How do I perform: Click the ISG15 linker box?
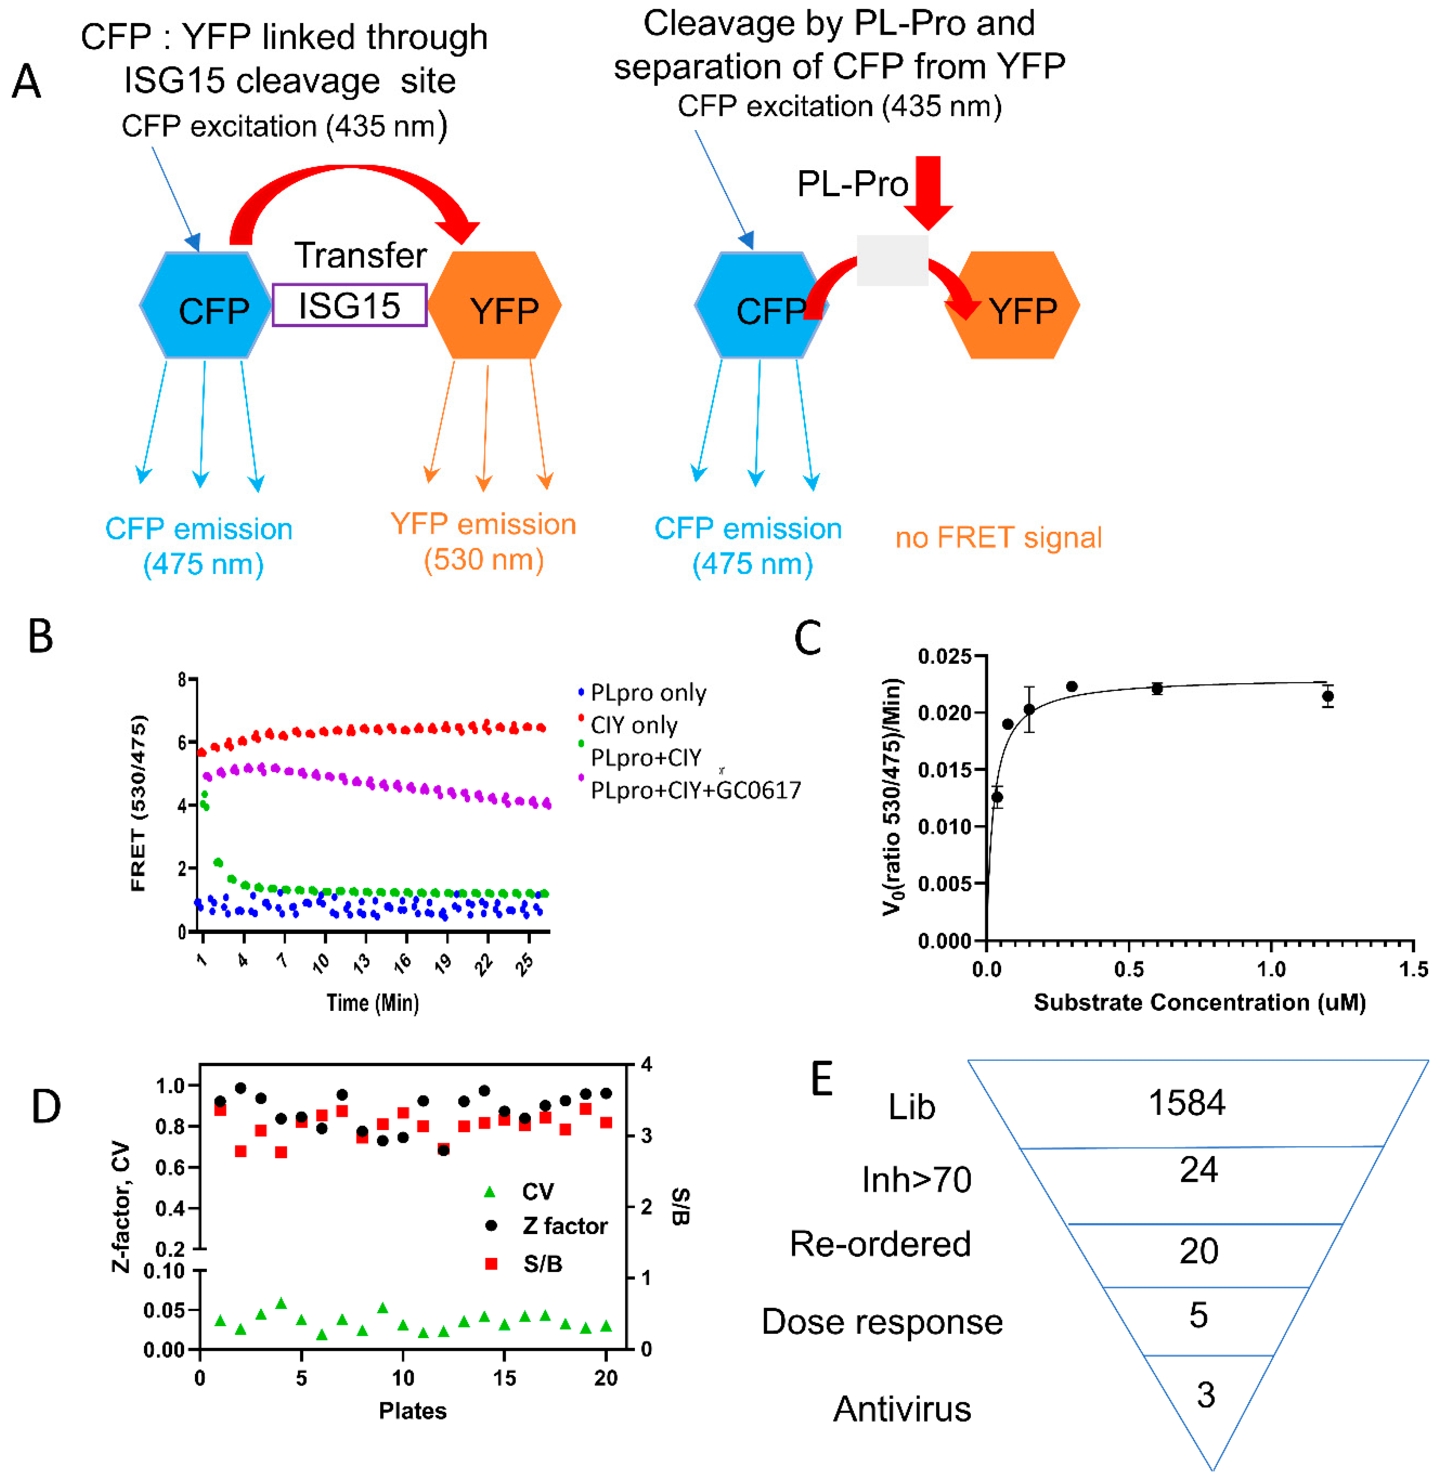tap(349, 305)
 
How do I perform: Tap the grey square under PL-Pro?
tap(892, 260)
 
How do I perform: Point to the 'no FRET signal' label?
tap(998, 538)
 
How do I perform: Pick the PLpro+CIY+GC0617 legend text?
tap(695, 790)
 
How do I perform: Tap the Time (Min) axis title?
tap(373, 1002)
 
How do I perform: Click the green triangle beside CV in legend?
tap(490, 1192)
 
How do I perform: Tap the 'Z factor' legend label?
tap(564, 1226)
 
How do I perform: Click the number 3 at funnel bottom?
tap(1206, 1394)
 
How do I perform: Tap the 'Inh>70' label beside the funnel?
tap(916, 1179)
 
